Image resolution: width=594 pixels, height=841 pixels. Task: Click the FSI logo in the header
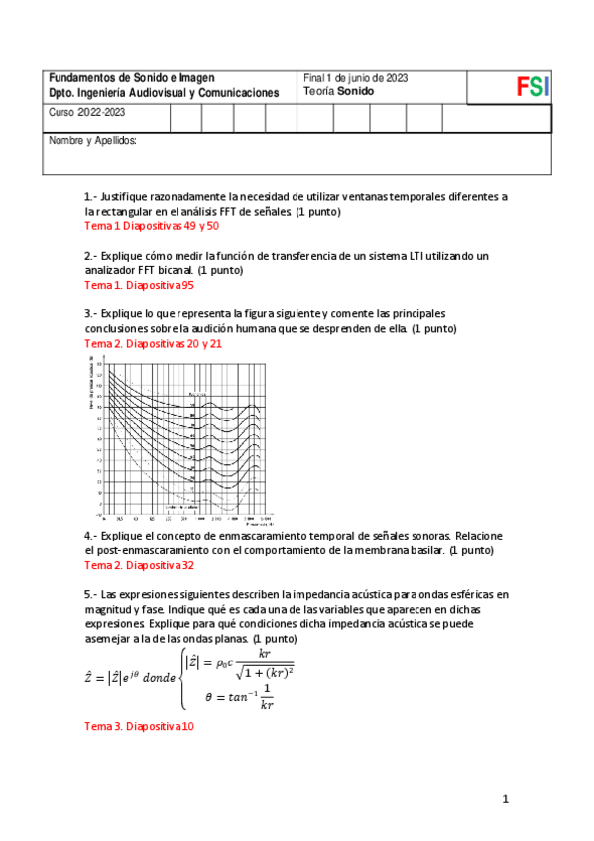pyautogui.click(x=532, y=86)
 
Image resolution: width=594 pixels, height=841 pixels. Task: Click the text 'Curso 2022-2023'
pyautogui.click(x=87, y=113)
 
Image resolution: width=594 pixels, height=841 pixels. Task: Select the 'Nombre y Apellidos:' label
pyautogui.click(x=92, y=141)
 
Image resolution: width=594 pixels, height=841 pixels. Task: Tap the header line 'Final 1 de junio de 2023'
pyautogui.click(x=355, y=78)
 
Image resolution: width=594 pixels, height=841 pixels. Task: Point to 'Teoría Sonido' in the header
pyautogui.click(x=337, y=91)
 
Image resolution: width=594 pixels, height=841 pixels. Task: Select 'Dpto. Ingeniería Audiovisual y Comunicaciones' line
pyautogui.click(x=165, y=92)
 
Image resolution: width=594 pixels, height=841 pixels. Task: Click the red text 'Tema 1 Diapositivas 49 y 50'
pyautogui.click(x=152, y=227)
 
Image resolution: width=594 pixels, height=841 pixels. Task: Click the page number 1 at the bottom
pyautogui.click(x=505, y=799)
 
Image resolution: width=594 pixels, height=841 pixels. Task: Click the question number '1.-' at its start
pyautogui.click(x=91, y=197)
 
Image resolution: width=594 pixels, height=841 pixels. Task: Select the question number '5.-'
pyautogui.click(x=91, y=594)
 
